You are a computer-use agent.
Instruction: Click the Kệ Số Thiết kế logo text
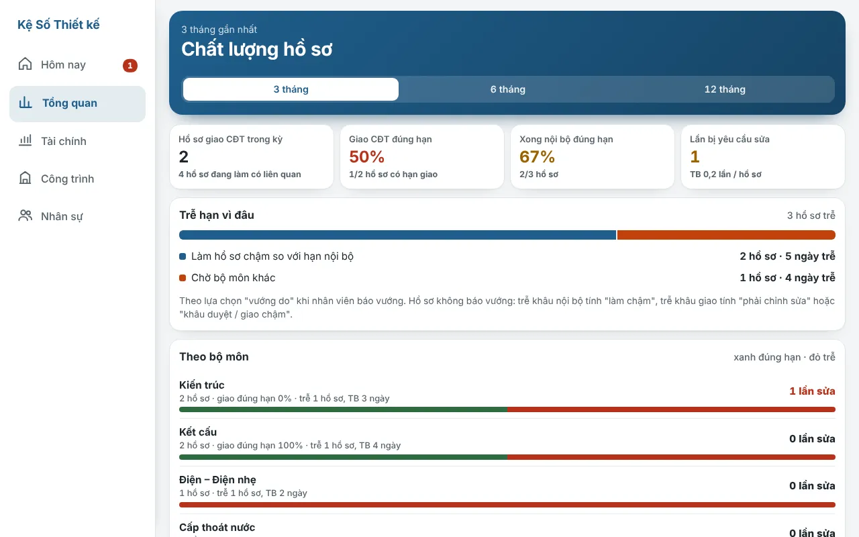[58, 25]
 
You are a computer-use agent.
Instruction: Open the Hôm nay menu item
[63, 65]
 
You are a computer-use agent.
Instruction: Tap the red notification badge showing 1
[130, 66]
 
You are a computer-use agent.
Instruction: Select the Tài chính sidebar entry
[64, 141]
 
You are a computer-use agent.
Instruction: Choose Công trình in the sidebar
[68, 179]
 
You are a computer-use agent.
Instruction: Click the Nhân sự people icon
[26, 215]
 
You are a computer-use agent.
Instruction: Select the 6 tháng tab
[508, 89]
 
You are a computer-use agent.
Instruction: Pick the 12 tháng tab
[725, 89]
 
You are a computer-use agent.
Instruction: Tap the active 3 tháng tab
[291, 89]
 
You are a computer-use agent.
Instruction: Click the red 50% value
[366, 156]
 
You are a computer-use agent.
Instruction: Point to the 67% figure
[537, 156]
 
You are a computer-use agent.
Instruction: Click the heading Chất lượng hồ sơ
[256, 50]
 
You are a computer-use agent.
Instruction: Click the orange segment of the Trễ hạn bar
[726, 235]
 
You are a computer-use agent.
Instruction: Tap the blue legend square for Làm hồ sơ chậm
[183, 256]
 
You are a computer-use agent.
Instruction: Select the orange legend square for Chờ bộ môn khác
[183, 278]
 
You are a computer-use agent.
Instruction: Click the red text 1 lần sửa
[812, 391]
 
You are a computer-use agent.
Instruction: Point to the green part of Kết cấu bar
[343, 457]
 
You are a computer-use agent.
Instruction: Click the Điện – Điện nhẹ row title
[217, 480]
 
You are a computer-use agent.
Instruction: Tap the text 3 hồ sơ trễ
[811, 215]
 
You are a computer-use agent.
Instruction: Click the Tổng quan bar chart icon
[26, 103]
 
